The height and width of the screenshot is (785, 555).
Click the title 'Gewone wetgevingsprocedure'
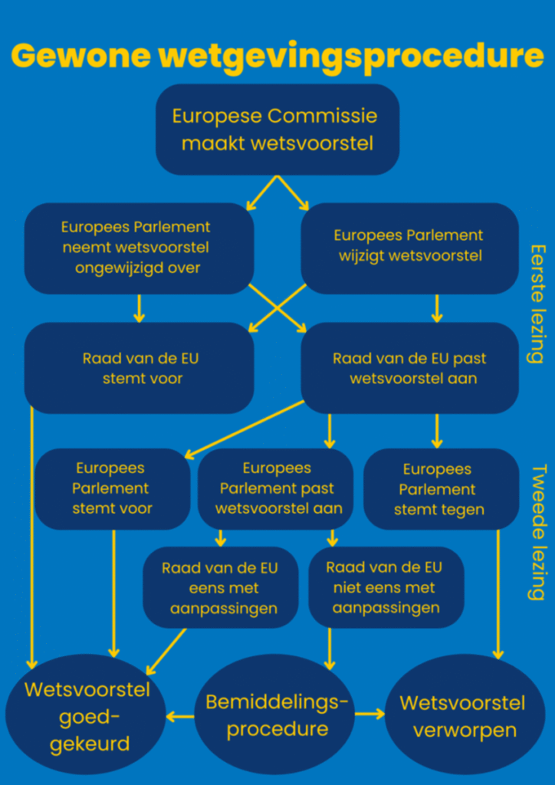click(x=277, y=56)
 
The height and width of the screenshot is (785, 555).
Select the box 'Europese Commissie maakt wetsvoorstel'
click(x=277, y=129)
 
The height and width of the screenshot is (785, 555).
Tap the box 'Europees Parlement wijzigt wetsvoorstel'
click(x=409, y=248)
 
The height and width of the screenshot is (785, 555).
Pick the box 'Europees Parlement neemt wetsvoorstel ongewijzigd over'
click(x=139, y=248)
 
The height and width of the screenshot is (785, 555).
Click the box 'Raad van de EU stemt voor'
click(x=139, y=368)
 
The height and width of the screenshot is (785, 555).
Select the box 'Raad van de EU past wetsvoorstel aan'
click(x=409, y=368)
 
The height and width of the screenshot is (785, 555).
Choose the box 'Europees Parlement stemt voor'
click(x=113, y=488)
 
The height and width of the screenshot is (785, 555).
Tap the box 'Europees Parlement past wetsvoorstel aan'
click(x=276, y=488)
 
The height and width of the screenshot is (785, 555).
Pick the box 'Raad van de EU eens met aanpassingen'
click(x=221, y=587)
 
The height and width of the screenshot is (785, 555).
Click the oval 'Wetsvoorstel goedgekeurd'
click(x=86, y=716)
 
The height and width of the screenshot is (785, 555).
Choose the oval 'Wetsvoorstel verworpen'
click(x=465, y=716)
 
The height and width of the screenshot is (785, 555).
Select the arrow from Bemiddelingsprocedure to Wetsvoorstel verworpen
click(x=369, y=714)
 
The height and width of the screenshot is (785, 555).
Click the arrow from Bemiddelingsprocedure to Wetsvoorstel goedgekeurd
click(x=180, y=717)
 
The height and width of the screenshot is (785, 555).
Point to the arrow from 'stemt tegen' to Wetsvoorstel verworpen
click(x=498, y=594)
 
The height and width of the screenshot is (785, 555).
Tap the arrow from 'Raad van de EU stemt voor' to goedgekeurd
click(x=32, y=537)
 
